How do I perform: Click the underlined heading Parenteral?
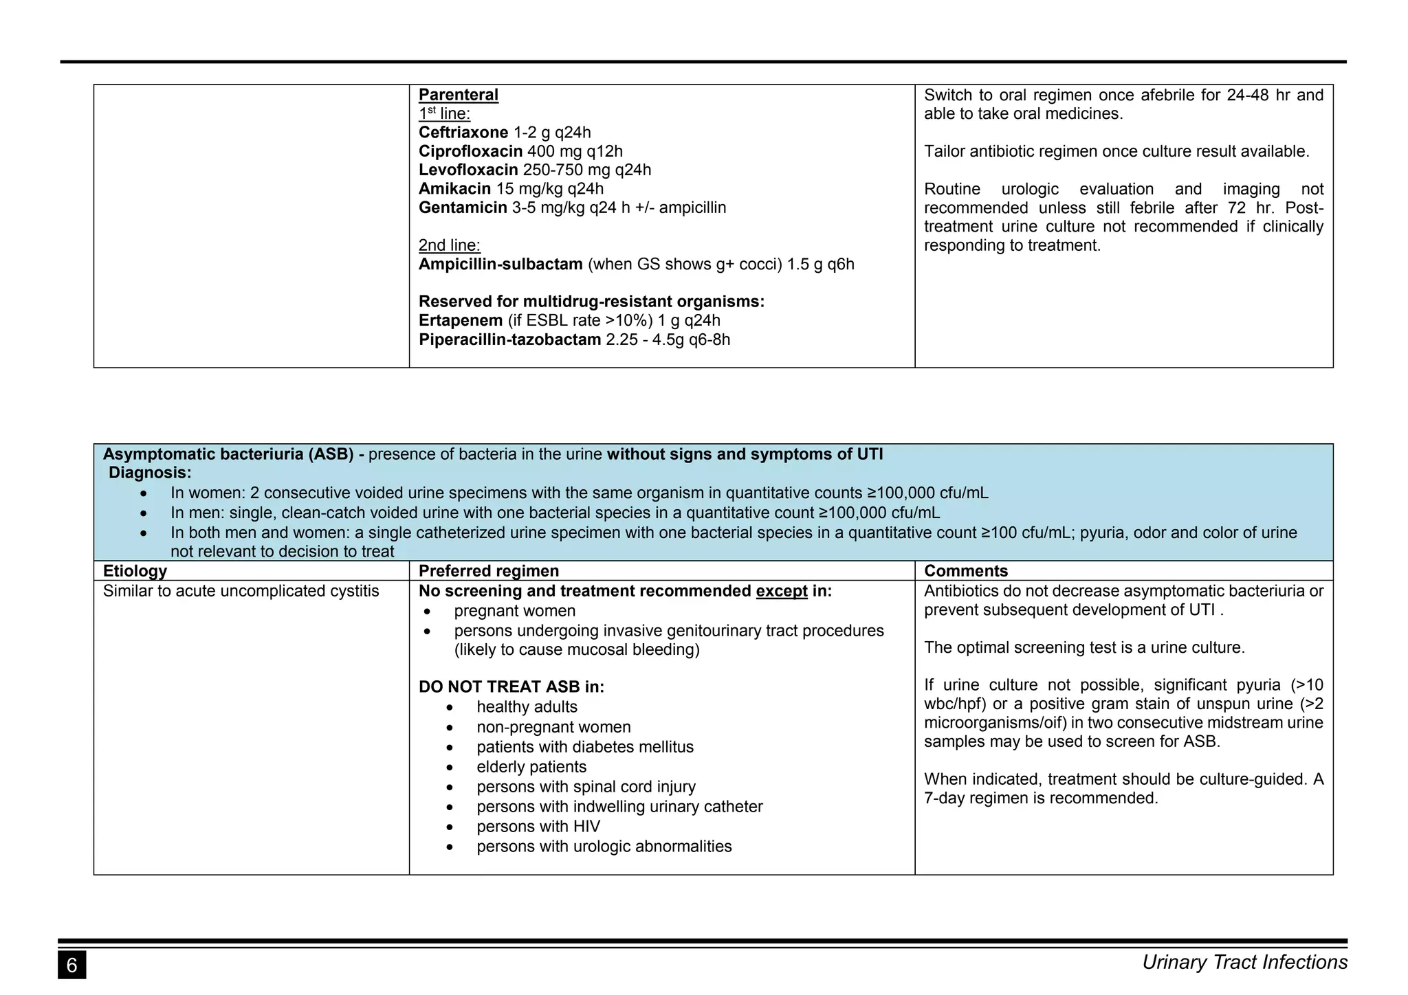click(458, 95)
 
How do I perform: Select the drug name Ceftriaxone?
click(463, 133)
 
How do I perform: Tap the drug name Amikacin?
click(454, 189)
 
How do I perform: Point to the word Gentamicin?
click(463, 208)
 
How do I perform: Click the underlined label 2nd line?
click(449, 245)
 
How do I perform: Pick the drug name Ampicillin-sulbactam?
click(500, 265)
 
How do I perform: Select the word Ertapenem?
click(461, 321)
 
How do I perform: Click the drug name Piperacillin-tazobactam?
click(509, 339)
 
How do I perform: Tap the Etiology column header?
click(135, 571)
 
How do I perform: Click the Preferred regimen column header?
click(488, 571)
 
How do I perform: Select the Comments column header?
click(965, 571)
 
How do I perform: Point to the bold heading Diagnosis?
click(150, 473)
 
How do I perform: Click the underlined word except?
click(781, 591)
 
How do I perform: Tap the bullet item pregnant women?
click(514, 611)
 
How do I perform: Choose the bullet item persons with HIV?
click(538, 827)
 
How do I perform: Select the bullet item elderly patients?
click(531, 767)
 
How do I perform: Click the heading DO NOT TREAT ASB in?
click(511, 687)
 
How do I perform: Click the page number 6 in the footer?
click(71, 965)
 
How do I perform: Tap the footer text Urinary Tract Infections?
click(1244, 963)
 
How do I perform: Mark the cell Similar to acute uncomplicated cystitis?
click(241, 591)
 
